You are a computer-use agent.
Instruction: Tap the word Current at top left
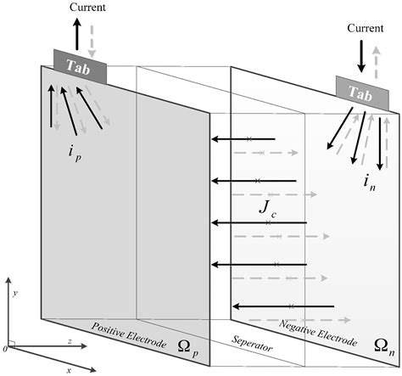click(x=89, y=8)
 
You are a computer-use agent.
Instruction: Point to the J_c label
click(x=267, y=209)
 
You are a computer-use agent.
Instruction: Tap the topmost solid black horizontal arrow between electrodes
click(x=243, y=138)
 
